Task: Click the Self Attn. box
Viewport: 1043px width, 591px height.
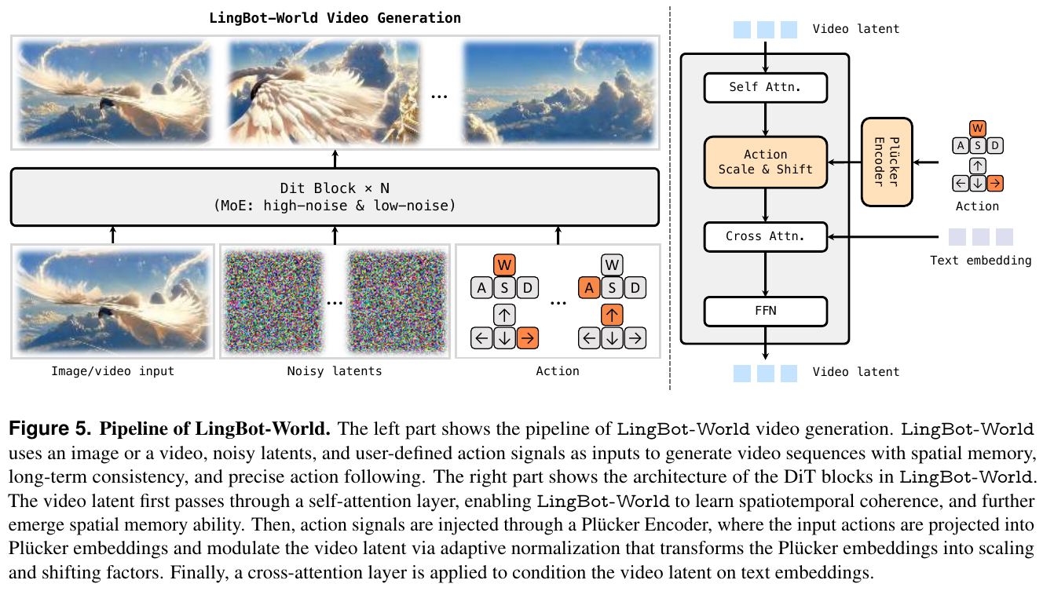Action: tap(766, 87)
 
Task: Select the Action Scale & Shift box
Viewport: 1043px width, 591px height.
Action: tap(766, 162)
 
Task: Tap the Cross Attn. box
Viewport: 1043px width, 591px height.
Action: tap(766, 237)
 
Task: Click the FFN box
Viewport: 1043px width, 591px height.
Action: tap(766, 312)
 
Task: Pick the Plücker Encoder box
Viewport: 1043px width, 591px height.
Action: tap(887, 162)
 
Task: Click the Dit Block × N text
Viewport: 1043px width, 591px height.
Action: tap(335, 188)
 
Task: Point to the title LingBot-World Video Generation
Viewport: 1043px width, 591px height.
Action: tap(335, 18)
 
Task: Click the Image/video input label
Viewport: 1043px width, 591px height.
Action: tap(112, 371)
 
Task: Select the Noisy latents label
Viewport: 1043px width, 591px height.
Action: tap(335, 371)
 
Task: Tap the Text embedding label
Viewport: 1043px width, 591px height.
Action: tap(981, 261)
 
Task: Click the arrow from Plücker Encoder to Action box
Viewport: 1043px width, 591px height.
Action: tap(844, 162)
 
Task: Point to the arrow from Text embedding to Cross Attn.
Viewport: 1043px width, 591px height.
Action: tap(884, 237)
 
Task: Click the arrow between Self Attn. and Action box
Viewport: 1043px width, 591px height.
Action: tap(766, 119)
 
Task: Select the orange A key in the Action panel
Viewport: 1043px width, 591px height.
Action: tap(589, 288)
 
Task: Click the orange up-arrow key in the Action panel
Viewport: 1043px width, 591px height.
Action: tap(612, 315)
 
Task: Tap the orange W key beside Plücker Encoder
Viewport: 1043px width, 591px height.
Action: tap(977, 129)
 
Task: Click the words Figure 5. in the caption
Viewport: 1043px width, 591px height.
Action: tap(49, 429)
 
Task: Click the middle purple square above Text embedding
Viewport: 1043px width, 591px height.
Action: tap(981, 237)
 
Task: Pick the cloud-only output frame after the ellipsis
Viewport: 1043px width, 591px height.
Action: tap(558, 92)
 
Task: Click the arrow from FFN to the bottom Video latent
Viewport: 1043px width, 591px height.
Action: tap(766, 343)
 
